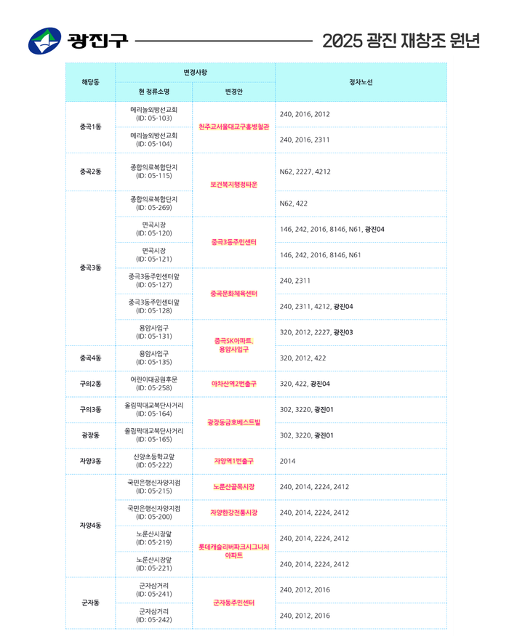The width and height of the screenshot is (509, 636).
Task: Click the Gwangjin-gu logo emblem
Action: click(45, 41)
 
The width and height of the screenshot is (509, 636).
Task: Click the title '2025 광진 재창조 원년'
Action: click(401, 41)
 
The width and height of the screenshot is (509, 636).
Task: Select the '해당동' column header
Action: click(90, 82)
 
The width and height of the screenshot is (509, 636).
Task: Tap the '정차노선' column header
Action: click(361, 82)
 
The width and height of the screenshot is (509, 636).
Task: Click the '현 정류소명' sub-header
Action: click(153, 92)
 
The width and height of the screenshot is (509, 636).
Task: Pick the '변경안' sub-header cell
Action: click(233, 92)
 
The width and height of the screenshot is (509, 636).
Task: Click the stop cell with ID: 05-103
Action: click(153, 114)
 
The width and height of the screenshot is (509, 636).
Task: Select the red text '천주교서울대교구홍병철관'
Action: click(233, 126)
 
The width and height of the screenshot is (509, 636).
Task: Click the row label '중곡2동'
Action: click(90, 172)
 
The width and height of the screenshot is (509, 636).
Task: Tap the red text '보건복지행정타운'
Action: click(233, 185)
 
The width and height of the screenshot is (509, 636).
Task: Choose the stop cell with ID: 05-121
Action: click(153, 255)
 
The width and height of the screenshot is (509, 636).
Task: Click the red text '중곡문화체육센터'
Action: click(233, 294)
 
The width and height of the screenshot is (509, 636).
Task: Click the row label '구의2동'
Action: click(90, 384)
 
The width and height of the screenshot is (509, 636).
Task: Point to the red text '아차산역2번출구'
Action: click(233, 384)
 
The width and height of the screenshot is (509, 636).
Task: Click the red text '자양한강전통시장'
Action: click(233, 512)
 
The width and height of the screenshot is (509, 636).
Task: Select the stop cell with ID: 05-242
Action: click(153, 616)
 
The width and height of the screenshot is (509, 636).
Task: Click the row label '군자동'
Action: click(90, 603)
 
